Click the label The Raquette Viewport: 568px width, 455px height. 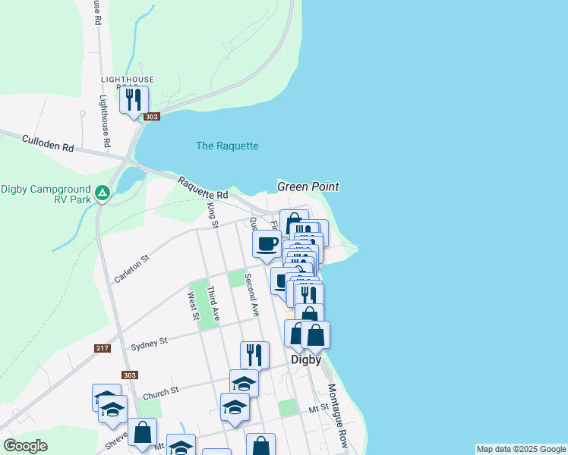[x=227, y=146]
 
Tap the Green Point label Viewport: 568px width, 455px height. [x=308, y=187]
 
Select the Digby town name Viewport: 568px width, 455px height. [x=306, y=360]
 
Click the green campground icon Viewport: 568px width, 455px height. [x=103, y=193]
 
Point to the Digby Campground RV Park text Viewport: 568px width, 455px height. [x=46, y=194]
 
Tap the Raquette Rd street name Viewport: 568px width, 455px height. [x=203, y=189]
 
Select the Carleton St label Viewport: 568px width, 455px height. [x=132, y=269]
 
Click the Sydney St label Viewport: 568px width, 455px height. [x=149, y=344]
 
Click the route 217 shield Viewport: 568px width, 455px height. [x=103, y=348]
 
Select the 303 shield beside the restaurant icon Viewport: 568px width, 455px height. [x=153, y=117]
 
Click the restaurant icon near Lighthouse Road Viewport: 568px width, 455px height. [x=134, y=99]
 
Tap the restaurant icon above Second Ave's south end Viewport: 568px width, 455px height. [x=254, y=354]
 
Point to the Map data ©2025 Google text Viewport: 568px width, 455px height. [x=521, y=449]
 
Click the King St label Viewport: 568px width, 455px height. [x=213, y=215]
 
